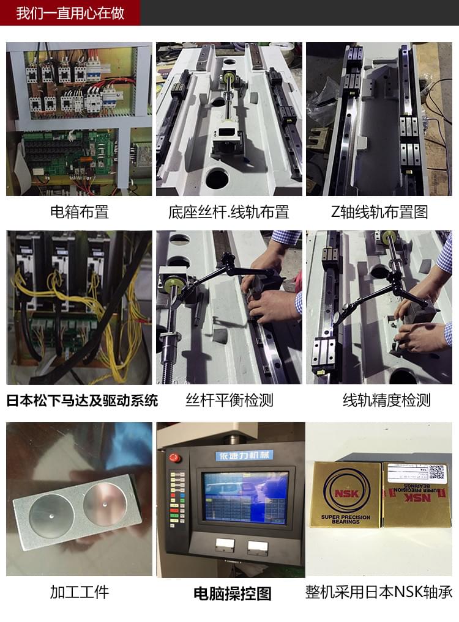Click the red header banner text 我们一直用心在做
pos(70,13)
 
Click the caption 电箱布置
pos(79,212)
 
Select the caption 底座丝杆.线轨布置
pos(228,212)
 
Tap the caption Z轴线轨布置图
pos(379,212)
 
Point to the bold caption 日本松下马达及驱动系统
pos(82,401)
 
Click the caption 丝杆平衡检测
pos(229,401)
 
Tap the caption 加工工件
pos(79,592)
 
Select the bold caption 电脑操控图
pos(232,593)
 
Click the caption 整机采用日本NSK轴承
pos(379,592)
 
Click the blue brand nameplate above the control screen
pos(245,456)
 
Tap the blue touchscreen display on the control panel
pos(245,497)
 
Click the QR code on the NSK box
pos(435,472)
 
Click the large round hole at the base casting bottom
pos(217,178)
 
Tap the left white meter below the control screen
pos(224,545)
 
